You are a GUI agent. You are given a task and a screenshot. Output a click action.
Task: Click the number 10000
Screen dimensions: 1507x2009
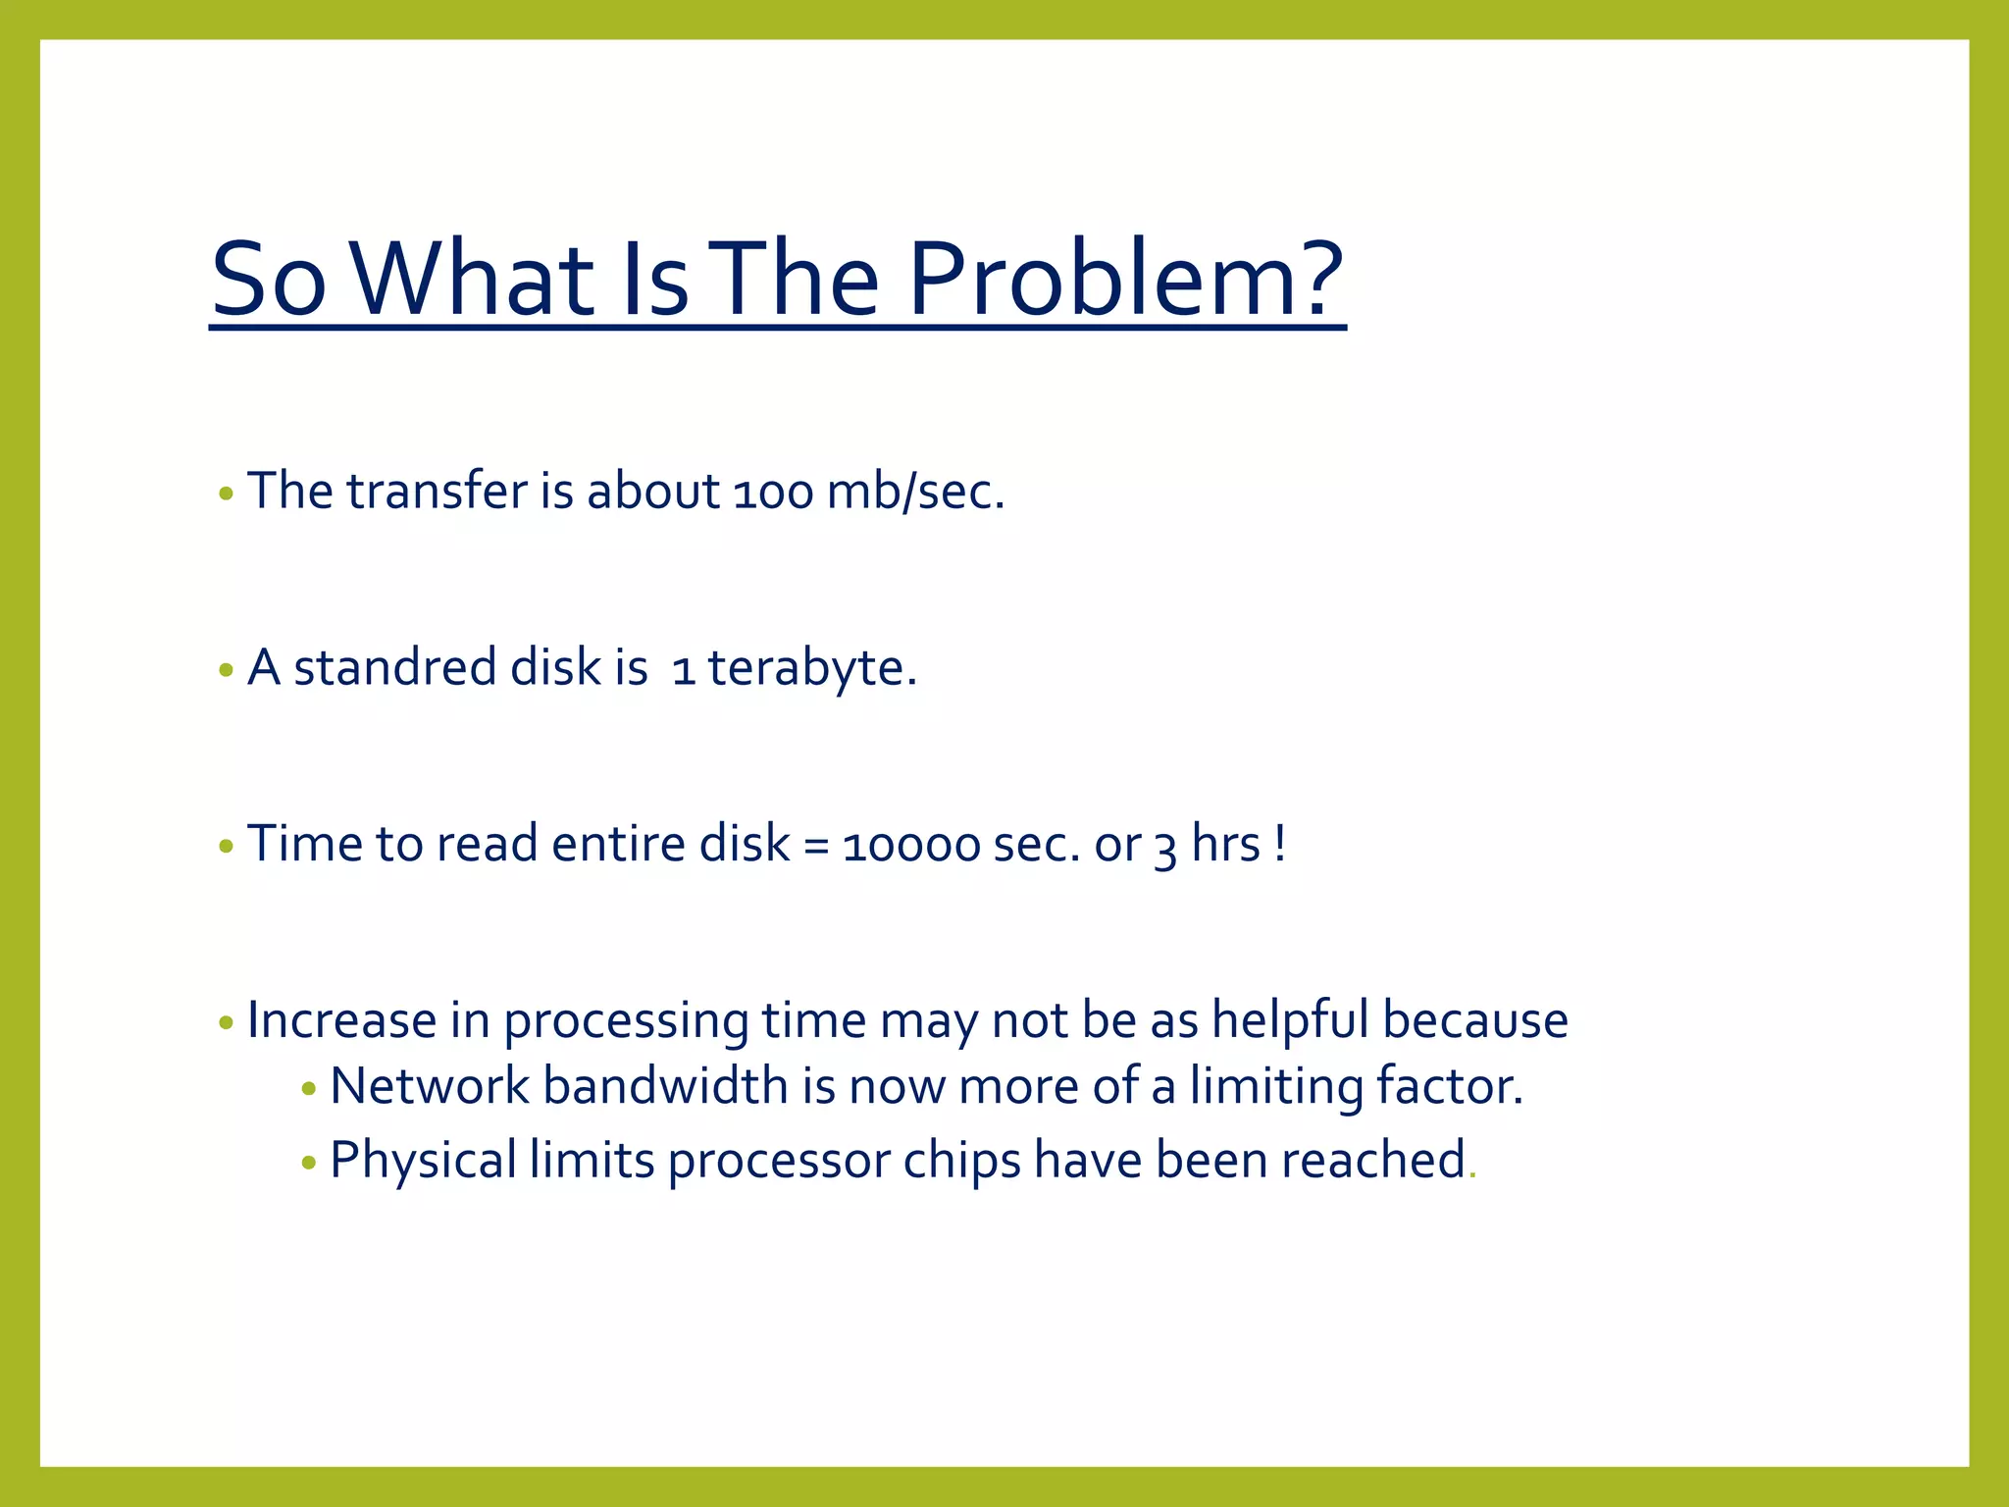tap(911, 846)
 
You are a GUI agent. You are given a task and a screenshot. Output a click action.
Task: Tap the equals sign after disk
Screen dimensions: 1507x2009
tap(815, 846)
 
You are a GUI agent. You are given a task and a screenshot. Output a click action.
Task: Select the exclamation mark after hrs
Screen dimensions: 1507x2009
tap(1280, 844)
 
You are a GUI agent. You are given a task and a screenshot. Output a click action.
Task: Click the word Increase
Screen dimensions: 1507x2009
tap(341, 1020)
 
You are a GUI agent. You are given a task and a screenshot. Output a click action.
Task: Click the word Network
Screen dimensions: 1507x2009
tap(430, 1087)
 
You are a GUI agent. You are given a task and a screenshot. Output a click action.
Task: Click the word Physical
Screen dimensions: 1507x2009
tap(423, 1161)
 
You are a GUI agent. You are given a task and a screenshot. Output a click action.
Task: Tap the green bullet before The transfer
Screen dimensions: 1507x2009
tap(226, 494)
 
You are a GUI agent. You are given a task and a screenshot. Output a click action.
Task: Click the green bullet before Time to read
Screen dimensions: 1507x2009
tap(226, 846)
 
